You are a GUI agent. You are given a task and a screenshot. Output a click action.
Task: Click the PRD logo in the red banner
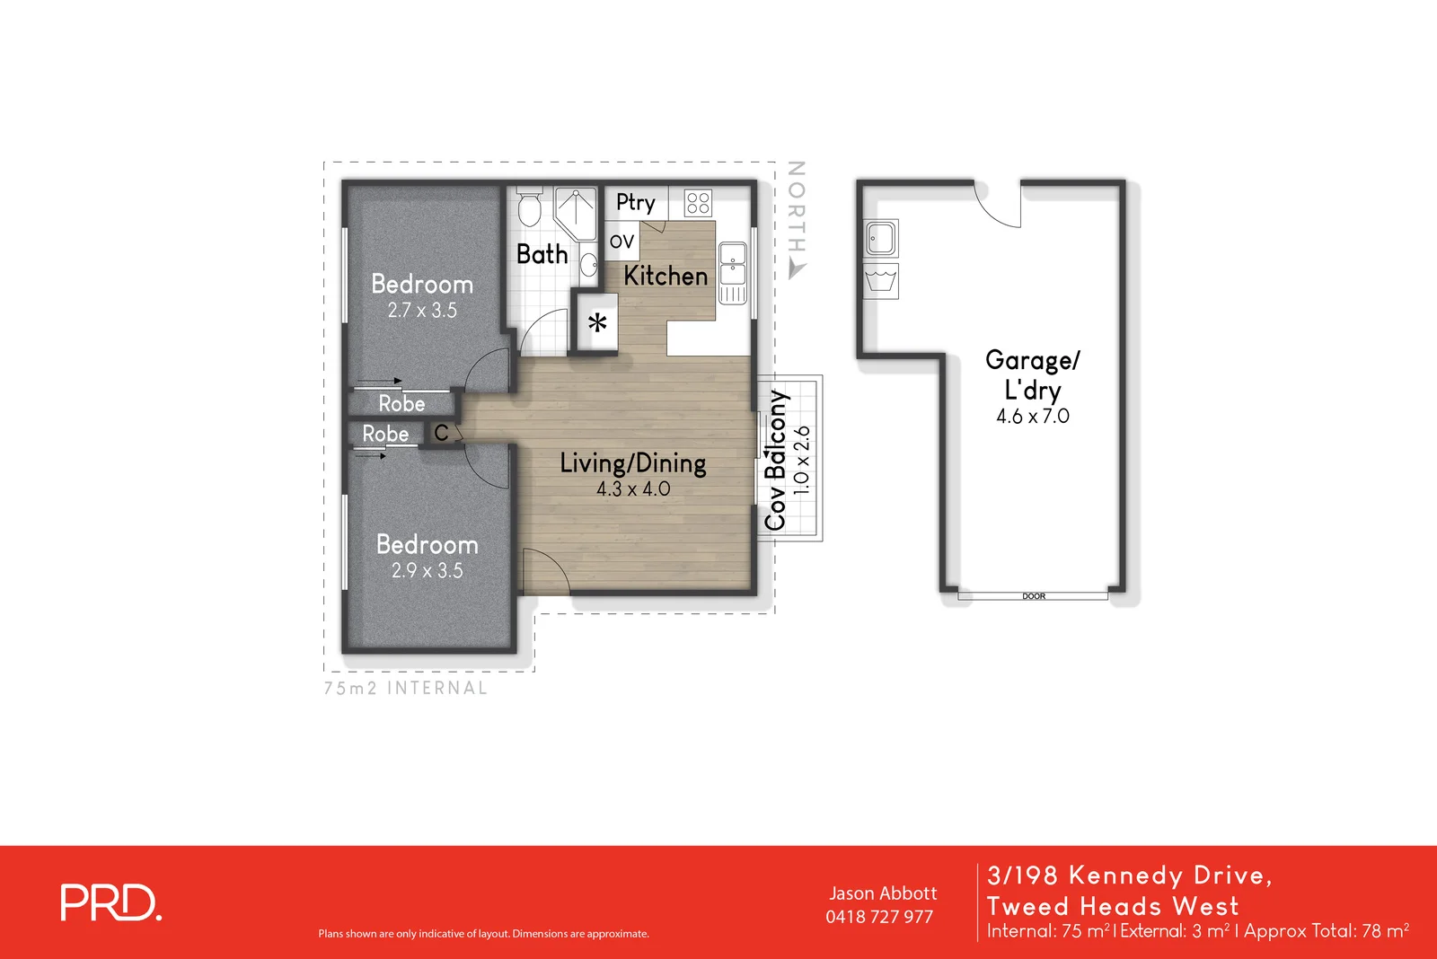pyautogui.click(x=110, y=902)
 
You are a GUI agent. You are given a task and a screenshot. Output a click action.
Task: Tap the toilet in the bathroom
pyautogui.click(x=529, y=206)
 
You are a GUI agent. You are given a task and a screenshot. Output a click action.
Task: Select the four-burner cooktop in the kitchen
pyautogui.click(x=697, y=203)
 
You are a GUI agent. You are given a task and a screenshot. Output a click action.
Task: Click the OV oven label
pyautogui.click(x=622, y=242)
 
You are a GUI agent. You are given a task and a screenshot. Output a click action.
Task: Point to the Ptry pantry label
pyautogui.click(x=635, y=203)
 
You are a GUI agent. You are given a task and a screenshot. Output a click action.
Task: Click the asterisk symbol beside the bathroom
pyautogui.click(x=597, y=322)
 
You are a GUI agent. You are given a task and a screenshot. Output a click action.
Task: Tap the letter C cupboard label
pyautogui.click(x=441, y=433)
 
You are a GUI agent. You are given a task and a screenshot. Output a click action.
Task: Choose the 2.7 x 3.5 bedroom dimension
pyautogui.click(x=422, y=311)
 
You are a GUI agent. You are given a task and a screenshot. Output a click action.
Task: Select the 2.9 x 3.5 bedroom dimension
pyautogui.click(x=428, y=570)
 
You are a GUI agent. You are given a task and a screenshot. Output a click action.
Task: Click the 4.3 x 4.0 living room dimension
pyautogui.click(x=633, y=488)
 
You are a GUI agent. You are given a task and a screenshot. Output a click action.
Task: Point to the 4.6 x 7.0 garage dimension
pyautogui.click(x=1032, y=417)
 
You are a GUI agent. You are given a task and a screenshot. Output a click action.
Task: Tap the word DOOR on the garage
pyautogui.click(x=1034, y=596)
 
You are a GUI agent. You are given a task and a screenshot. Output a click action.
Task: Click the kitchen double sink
pyautogui.click(x=733, y=272)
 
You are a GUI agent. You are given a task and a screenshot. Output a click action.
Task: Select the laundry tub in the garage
pyautogui.click(x=881, y=281)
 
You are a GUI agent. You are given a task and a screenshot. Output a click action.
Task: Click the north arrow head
pyautogui.click(x=796, y=269)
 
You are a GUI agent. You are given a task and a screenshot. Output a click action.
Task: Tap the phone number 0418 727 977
pyautogui.click(x=879, y=918)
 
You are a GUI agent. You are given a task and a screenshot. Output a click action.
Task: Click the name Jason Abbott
pyautogui.click(x=883, y=893)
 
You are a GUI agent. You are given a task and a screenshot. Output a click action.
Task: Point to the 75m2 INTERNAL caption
pyautogui.click(x=405, y=689)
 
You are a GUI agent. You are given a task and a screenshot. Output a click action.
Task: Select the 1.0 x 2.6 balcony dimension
pyautogui.click(x=802, y=460)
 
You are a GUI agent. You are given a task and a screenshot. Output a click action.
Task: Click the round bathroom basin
pyautogui.click(x=589, y=264)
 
